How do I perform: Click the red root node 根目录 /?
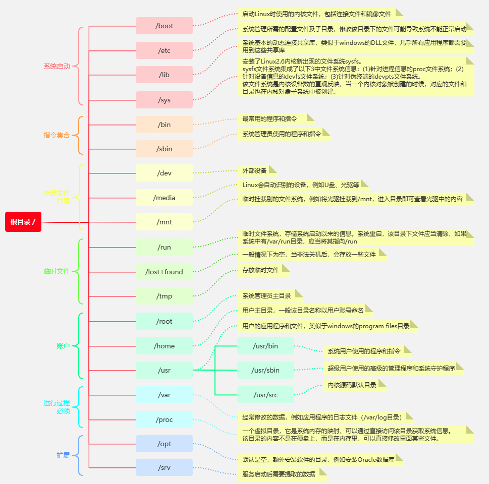(x=23, y=222)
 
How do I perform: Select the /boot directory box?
(x=164, y=26)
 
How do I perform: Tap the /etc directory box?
(x=164, y=50)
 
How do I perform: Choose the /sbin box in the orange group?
(x=164, y=149)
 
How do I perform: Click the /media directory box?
(x=164, y=198)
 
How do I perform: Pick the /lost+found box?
(x=164, y=272)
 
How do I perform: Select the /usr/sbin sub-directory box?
(x=265, y=370)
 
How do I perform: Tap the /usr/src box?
(x=265, y=395)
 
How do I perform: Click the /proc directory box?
(x=164, y=419)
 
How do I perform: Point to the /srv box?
(x=164, y=467)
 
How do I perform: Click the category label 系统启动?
(x=57, y=67)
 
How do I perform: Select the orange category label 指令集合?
(x=57, y=135)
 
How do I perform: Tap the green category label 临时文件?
(x=57, y=271)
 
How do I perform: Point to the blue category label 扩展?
(x=63, y=455)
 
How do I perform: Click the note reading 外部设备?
(x=257, y=171)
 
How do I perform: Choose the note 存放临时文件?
(x=263, y=270)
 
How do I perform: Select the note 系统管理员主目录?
(x=270, y=296)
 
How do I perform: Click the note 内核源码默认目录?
(x=355, y=385)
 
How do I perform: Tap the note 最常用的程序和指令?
(x=276, y=119)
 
